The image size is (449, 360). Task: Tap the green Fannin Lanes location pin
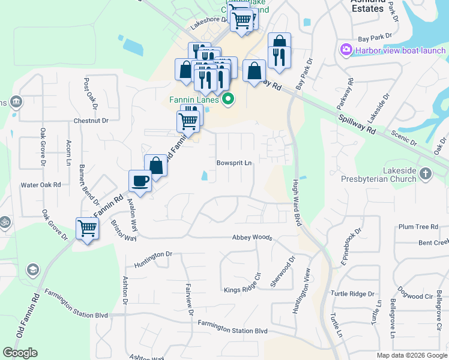pyautogui.click(x=228, y=100)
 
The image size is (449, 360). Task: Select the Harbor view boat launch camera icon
pyautogui.click(x=346, y=50)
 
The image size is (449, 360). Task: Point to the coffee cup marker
pyautogui.click(x=140, y=181)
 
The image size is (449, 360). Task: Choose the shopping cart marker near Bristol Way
pyautogui.click(x=88, y=228)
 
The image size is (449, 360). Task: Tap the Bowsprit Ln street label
pyautogui.click(x=234, y=163)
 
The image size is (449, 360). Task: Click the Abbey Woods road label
pyautogui.click(x=252, y=238)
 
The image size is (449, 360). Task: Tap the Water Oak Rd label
pyautogui.click(x=41, y=185)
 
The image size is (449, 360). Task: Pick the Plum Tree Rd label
pyautogui.click(x=418, y=227)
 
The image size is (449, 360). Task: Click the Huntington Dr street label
pyautogui.click(x=153, y=256)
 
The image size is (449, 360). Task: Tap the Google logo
pyautogui.click(x=20, y=353)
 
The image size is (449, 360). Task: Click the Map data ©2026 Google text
pyautogui.click(x=412, y=355)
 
